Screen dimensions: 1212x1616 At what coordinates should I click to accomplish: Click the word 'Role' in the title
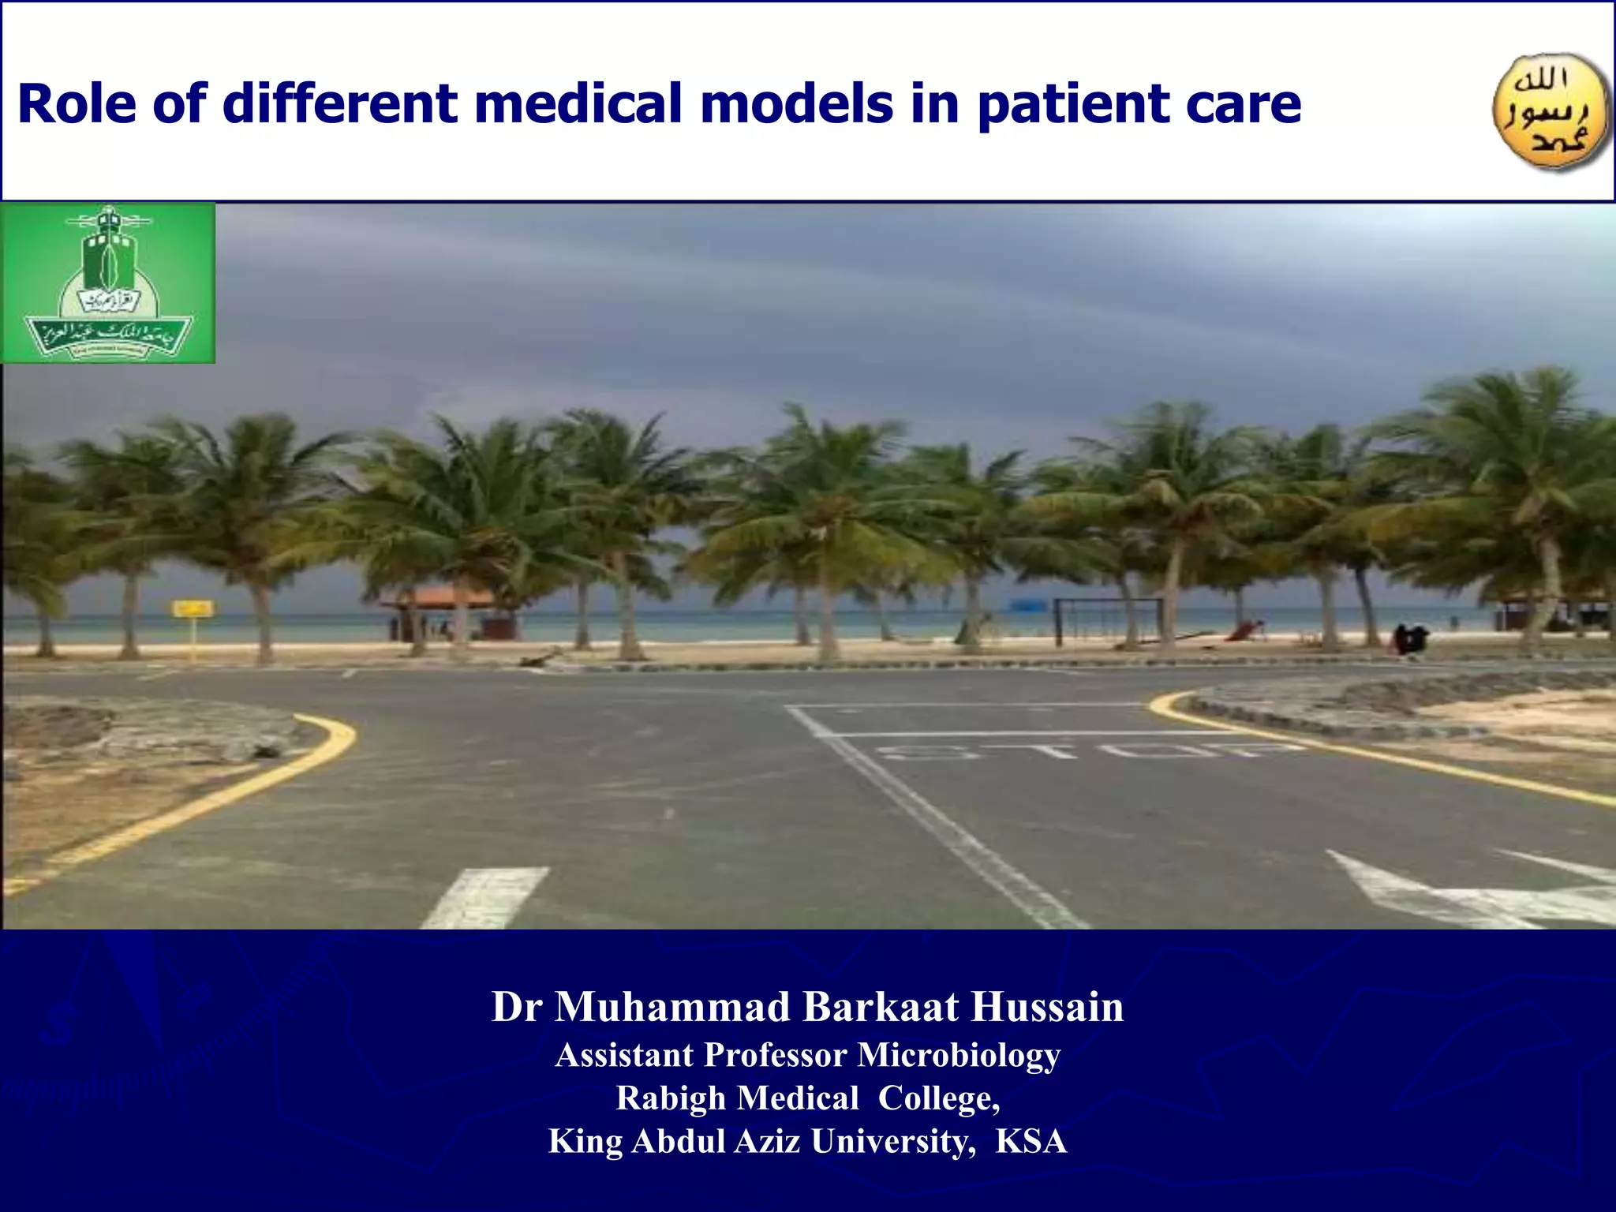(x=77, y=104)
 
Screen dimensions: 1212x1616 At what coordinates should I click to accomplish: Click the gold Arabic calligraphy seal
(x=1550, y=113)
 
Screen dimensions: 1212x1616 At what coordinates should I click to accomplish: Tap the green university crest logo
(x=108, y=282)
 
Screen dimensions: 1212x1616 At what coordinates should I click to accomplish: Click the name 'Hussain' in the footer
(x=1047, y=1008)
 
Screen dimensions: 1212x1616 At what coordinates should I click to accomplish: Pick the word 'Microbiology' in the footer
(x=959, y=1055)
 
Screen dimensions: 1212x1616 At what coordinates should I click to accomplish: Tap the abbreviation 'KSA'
(x=1031, y=1142)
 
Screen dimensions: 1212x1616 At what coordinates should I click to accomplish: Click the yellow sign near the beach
(x=193, y=608)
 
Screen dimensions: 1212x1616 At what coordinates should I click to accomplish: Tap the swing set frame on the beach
(x=1109, y=618)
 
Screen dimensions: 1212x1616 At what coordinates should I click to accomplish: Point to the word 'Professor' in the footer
(x=774, y=1055)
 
